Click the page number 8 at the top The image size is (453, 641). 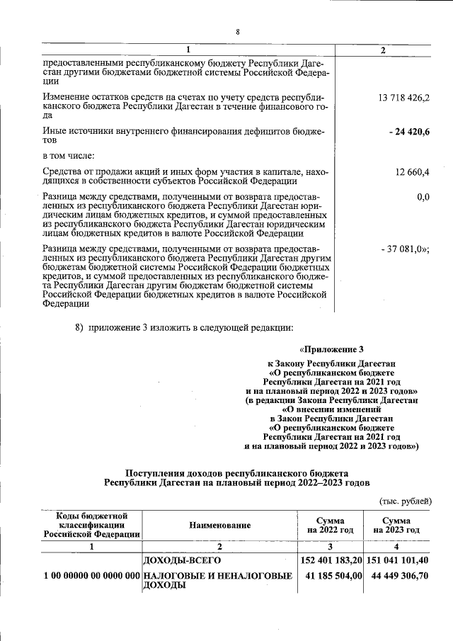[x=238, y=33]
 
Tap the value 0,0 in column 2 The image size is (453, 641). [x=423, y=196]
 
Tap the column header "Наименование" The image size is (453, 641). [x=220, y=526]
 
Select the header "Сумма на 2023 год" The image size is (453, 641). [x=396, y=526]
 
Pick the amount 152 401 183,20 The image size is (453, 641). [x=331, y=561]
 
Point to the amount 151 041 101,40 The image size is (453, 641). [x=397, y=561]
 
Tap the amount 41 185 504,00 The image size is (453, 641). [x=333, y=577]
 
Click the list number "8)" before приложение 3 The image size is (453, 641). [x=80, y=327]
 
